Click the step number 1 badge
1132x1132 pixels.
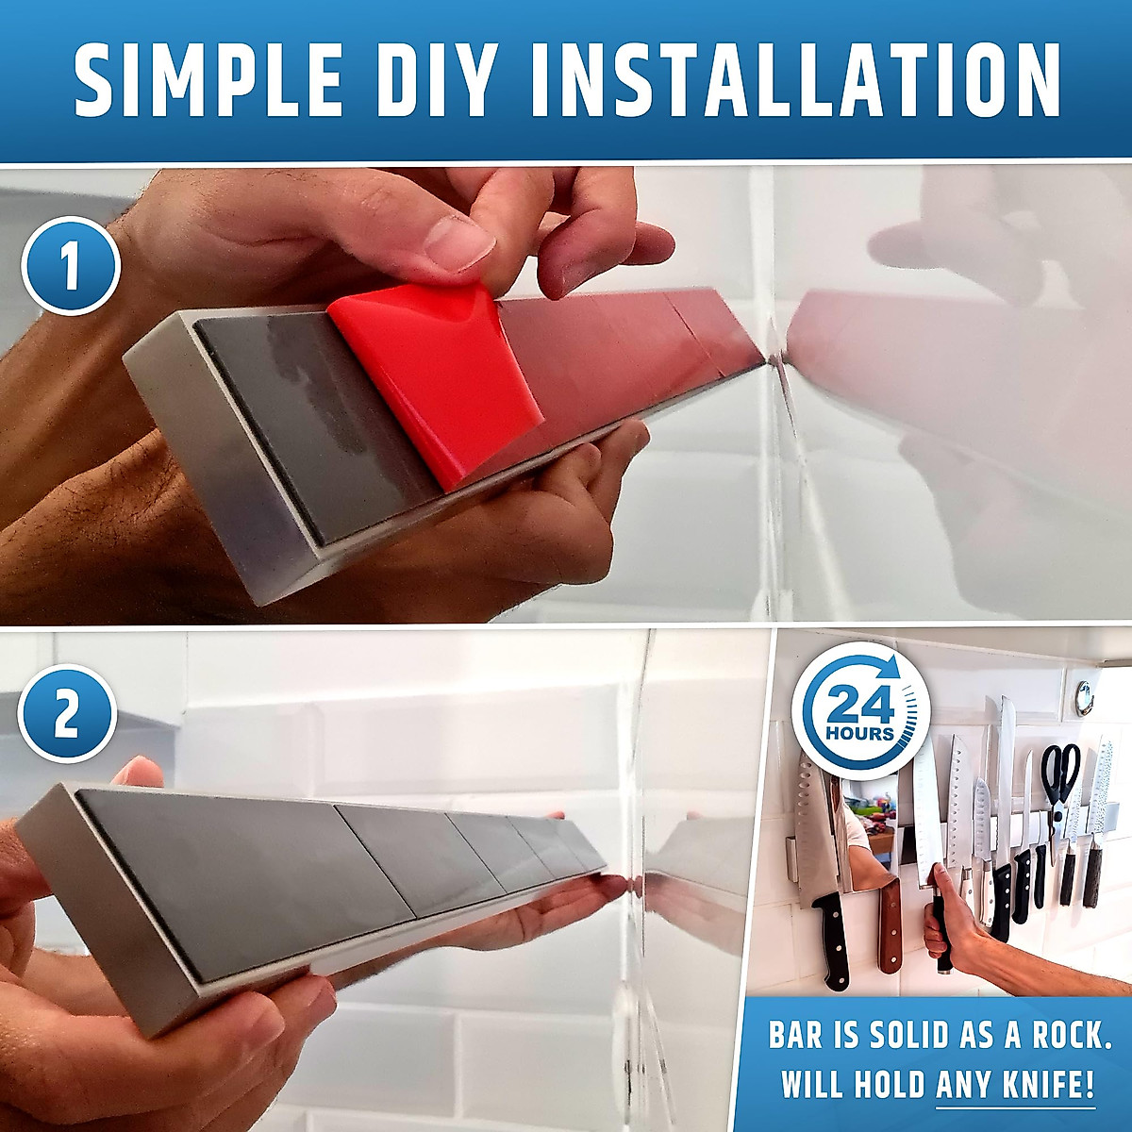71,265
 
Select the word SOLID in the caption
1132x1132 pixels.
898,1034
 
